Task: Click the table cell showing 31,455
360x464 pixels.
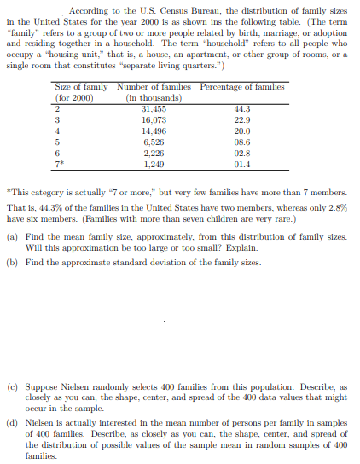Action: point(153,108)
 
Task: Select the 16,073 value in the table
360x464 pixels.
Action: point(153,119)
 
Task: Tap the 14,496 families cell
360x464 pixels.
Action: point(153,130)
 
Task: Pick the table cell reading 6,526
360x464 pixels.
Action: point(154,142)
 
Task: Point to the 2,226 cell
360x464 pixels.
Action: point(154,153)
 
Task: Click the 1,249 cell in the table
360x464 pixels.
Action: point(154,163)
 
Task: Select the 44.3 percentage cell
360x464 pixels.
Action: point(243,108)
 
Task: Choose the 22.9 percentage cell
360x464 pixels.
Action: point(243,119)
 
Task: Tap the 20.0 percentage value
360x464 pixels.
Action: point(243,130)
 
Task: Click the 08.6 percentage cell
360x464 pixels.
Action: point(243,142)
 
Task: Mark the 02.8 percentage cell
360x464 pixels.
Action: point(243,153)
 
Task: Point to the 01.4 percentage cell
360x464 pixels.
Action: point(243,163)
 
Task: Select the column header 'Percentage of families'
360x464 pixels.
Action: point(243,87)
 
